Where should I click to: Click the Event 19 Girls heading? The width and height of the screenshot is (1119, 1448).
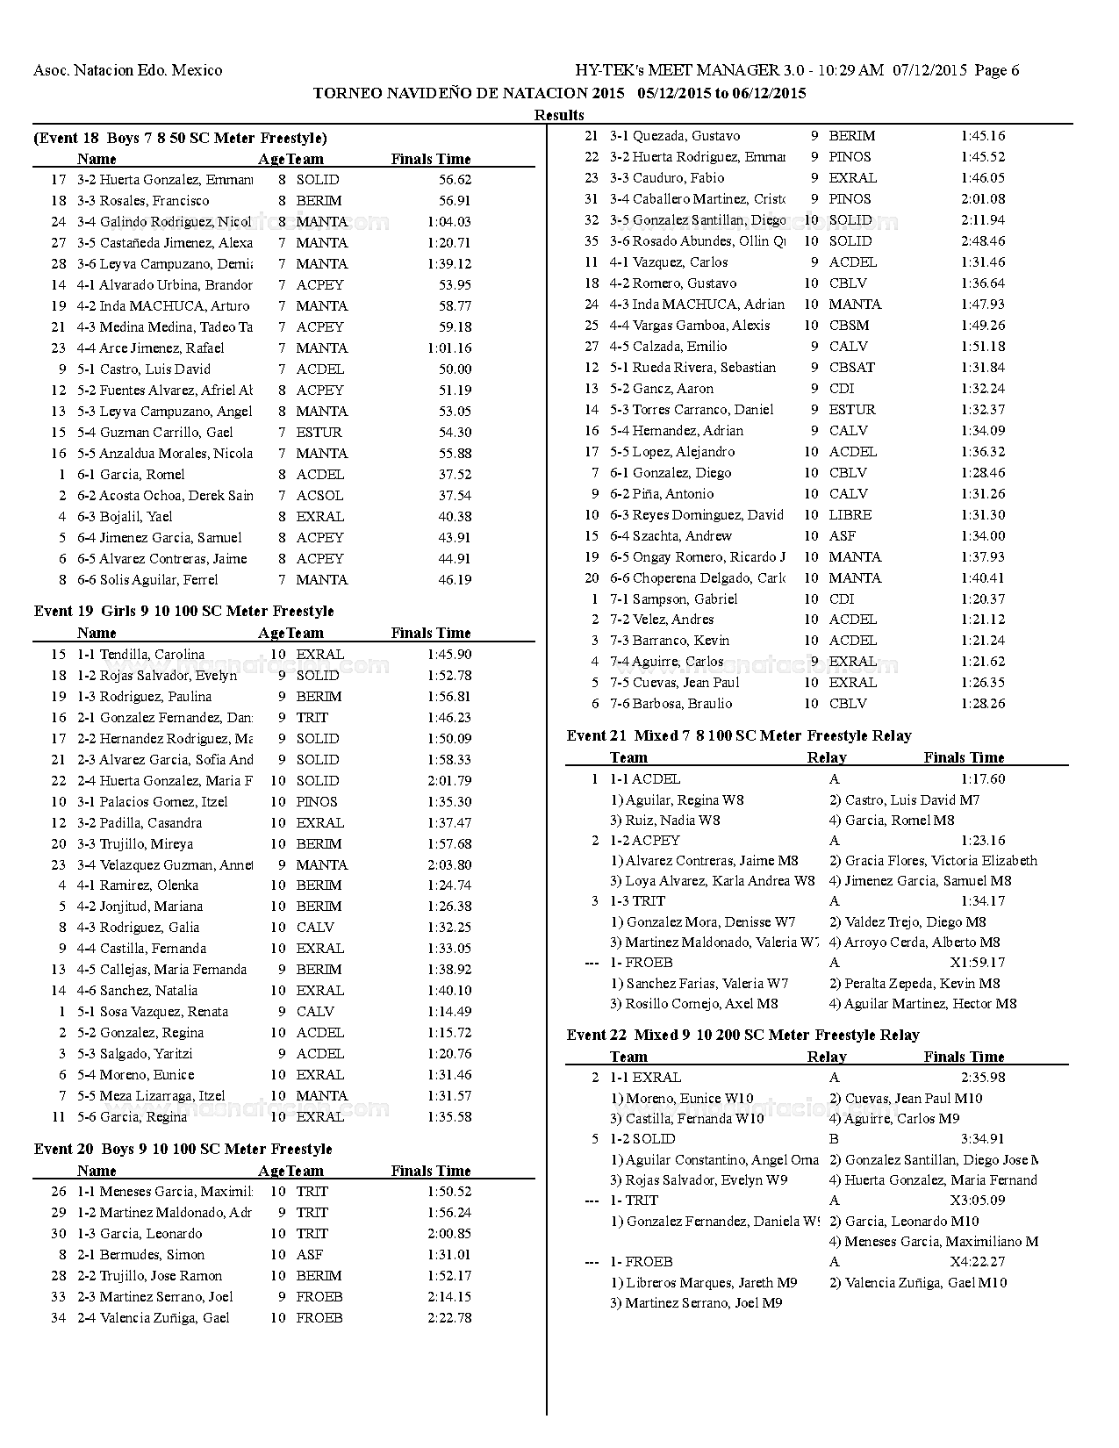coord(183,611)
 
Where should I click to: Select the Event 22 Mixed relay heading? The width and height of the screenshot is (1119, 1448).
coord(742,1035)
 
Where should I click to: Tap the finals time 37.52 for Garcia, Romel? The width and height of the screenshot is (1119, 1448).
coord(455,475)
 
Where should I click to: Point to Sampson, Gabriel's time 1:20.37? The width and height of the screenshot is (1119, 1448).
coord(983,599)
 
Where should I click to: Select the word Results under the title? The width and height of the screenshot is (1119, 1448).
coord(559,115)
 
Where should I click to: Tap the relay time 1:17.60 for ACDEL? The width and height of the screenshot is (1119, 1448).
coord(983,779)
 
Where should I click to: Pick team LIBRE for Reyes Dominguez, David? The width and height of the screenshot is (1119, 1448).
coord(850,515)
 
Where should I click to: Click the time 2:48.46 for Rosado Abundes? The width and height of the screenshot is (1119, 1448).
coord(983,241)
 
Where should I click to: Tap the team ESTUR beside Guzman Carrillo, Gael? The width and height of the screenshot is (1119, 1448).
coord(319,433)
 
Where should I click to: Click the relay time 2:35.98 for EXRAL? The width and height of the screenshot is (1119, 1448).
coord(983,1078)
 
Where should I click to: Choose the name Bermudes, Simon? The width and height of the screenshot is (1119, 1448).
coord(152,1255)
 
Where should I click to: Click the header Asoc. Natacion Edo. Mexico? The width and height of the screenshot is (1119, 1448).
coord(128,70)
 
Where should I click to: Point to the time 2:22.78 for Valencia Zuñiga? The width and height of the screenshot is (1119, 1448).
coord(449,1318)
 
